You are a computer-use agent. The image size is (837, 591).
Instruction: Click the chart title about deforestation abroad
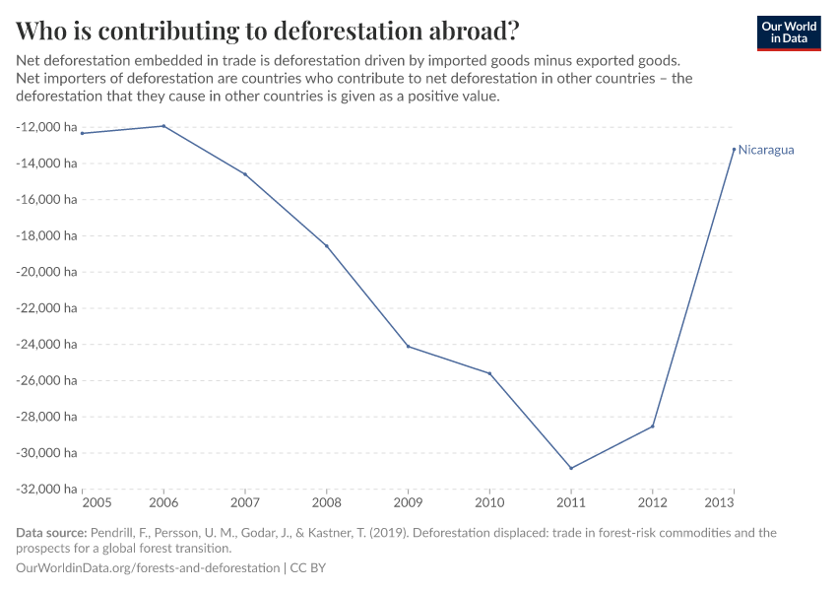click(267, 31)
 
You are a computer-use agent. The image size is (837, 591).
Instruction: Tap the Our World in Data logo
click(788, 33)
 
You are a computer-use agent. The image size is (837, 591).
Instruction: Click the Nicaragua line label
click(765, 151)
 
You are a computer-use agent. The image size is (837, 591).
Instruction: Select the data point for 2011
click(571, 468)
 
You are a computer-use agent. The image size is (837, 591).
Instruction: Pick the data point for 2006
click(163, 126)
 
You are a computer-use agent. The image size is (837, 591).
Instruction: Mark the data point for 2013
click(734, 149)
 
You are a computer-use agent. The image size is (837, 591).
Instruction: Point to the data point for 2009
click(408, 346)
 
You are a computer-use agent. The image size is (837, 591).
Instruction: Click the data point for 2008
click(327, 246)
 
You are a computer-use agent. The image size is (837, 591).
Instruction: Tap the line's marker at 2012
click(652, 427)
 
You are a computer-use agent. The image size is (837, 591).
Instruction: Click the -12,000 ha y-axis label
click(47, 127)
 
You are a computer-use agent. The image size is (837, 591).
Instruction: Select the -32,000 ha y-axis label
click(47, 490)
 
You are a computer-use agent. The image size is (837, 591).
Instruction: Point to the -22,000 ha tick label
click(47, 308)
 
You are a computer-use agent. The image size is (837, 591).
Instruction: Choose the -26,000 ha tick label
click(47, 381)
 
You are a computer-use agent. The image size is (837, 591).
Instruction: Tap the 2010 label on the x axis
click(489, 504)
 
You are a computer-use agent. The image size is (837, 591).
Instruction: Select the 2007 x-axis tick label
click(245, 504)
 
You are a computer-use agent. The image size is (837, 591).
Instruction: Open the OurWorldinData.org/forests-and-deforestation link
click(148, 568)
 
